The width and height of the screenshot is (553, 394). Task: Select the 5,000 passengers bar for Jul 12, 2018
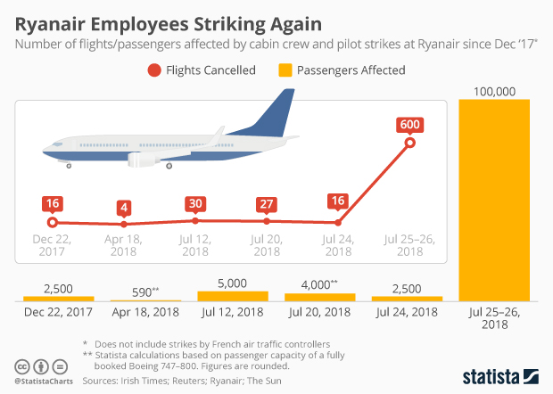point(232,295)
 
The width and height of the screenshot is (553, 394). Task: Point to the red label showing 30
point(194,202)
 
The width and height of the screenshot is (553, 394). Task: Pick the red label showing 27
point(265,203)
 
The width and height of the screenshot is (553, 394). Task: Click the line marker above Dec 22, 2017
point(53,222)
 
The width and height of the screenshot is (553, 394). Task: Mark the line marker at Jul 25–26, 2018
point(410,143)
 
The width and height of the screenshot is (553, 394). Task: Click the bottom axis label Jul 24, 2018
point(407,313)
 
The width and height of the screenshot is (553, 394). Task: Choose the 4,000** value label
point(319,284)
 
